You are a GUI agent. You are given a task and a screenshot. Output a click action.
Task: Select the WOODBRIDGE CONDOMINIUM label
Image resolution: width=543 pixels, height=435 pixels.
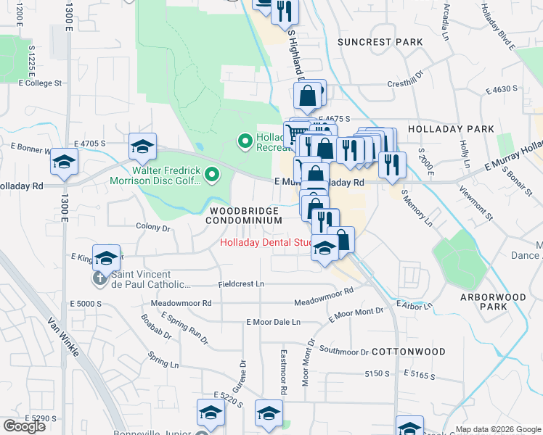245,215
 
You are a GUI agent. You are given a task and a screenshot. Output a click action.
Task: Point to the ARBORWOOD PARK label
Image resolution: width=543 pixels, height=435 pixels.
483,302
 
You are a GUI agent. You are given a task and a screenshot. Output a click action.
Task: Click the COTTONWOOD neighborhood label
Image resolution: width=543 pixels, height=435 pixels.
408,351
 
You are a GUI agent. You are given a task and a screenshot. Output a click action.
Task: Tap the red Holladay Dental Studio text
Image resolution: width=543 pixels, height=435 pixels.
266,243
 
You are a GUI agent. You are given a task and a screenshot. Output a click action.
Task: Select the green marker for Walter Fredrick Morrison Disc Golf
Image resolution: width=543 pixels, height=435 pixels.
212,174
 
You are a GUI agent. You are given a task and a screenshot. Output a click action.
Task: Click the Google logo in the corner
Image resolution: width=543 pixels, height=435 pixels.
24,426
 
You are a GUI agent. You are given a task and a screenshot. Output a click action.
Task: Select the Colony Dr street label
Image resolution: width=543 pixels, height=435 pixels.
152,227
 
